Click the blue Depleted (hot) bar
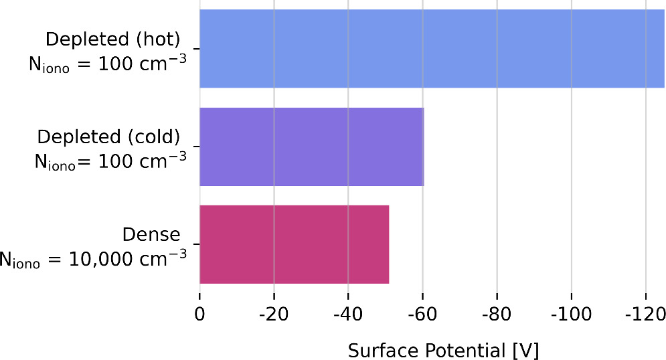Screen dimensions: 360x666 (x=432, y=49)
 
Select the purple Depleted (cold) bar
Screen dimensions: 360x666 (x=311, y=147)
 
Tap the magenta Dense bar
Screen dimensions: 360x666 (x=294, y=244)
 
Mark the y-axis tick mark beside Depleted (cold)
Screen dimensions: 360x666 (x=195, y=147)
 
